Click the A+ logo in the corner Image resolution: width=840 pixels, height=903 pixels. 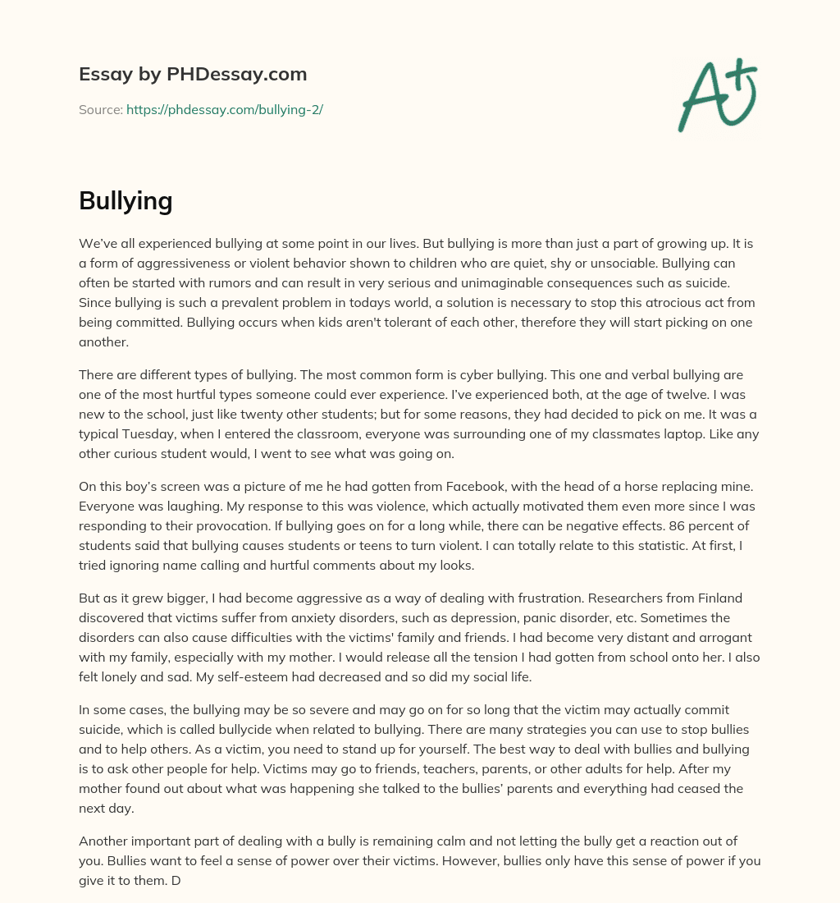click(716, 95)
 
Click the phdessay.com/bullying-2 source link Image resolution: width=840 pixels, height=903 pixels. click(224, 109)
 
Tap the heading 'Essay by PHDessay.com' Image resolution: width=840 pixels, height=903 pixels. click(193, 74)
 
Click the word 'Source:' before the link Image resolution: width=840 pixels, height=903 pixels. click(100, 109)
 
